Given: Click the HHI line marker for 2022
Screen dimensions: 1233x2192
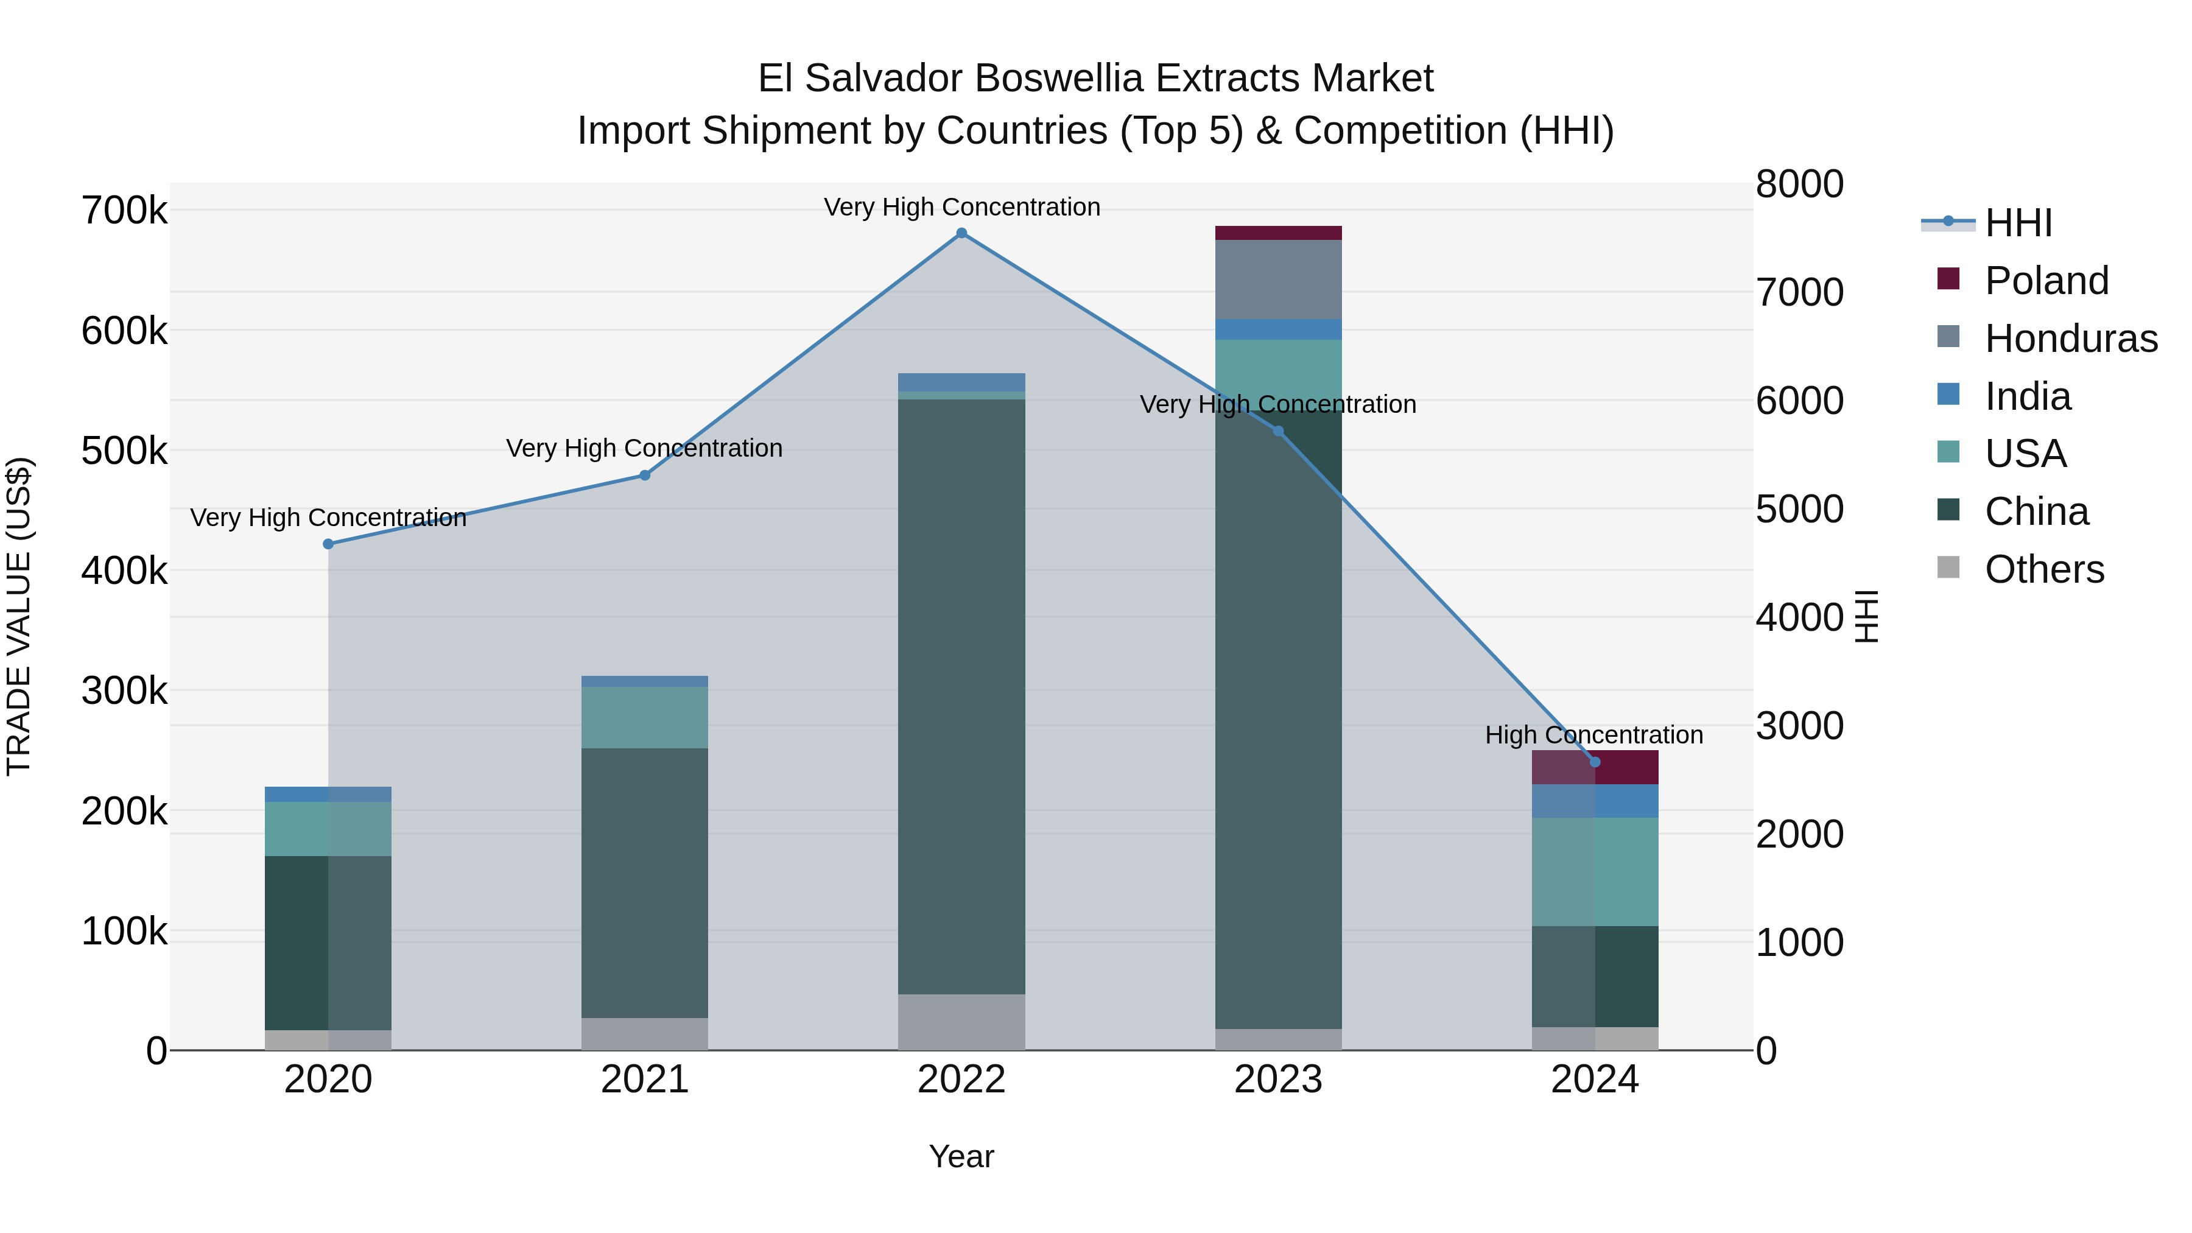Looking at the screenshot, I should point(961,233).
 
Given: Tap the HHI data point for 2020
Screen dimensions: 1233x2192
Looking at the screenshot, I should point(328,544).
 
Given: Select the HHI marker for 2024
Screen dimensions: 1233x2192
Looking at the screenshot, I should point(1595,762).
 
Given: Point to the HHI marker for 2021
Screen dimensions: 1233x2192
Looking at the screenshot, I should point(645,476).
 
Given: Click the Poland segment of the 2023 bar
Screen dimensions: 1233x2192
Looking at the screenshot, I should point(1278,233).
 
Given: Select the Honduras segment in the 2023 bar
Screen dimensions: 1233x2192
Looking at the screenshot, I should point(1278,279).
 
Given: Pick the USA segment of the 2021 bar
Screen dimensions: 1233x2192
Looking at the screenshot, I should point(645,717).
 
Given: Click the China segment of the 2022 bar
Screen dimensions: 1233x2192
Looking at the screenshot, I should point(961,696).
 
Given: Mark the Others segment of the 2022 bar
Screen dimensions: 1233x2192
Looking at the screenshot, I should point(961,1021).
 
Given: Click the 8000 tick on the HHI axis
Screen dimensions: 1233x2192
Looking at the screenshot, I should point(1799,184).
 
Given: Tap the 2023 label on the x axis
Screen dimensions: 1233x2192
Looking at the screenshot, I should point(1278,1080).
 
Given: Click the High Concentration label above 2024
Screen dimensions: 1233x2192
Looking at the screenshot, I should point(1594,734).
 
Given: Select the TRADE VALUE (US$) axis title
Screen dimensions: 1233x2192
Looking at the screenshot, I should point(19,616).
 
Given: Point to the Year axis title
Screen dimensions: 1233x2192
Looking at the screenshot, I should point(961,1156).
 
